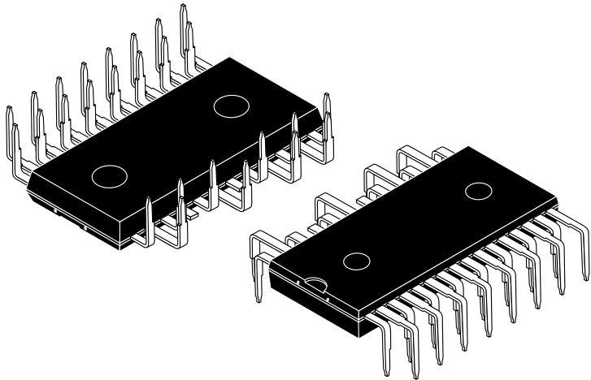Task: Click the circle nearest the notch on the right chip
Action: [354, 261]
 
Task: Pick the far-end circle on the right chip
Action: [477, 191]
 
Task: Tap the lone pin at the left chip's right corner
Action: [326, 97]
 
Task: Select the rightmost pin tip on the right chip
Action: [586, 280]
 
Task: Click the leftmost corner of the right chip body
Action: [269, 268]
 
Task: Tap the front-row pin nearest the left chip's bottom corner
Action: [148, 200]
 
